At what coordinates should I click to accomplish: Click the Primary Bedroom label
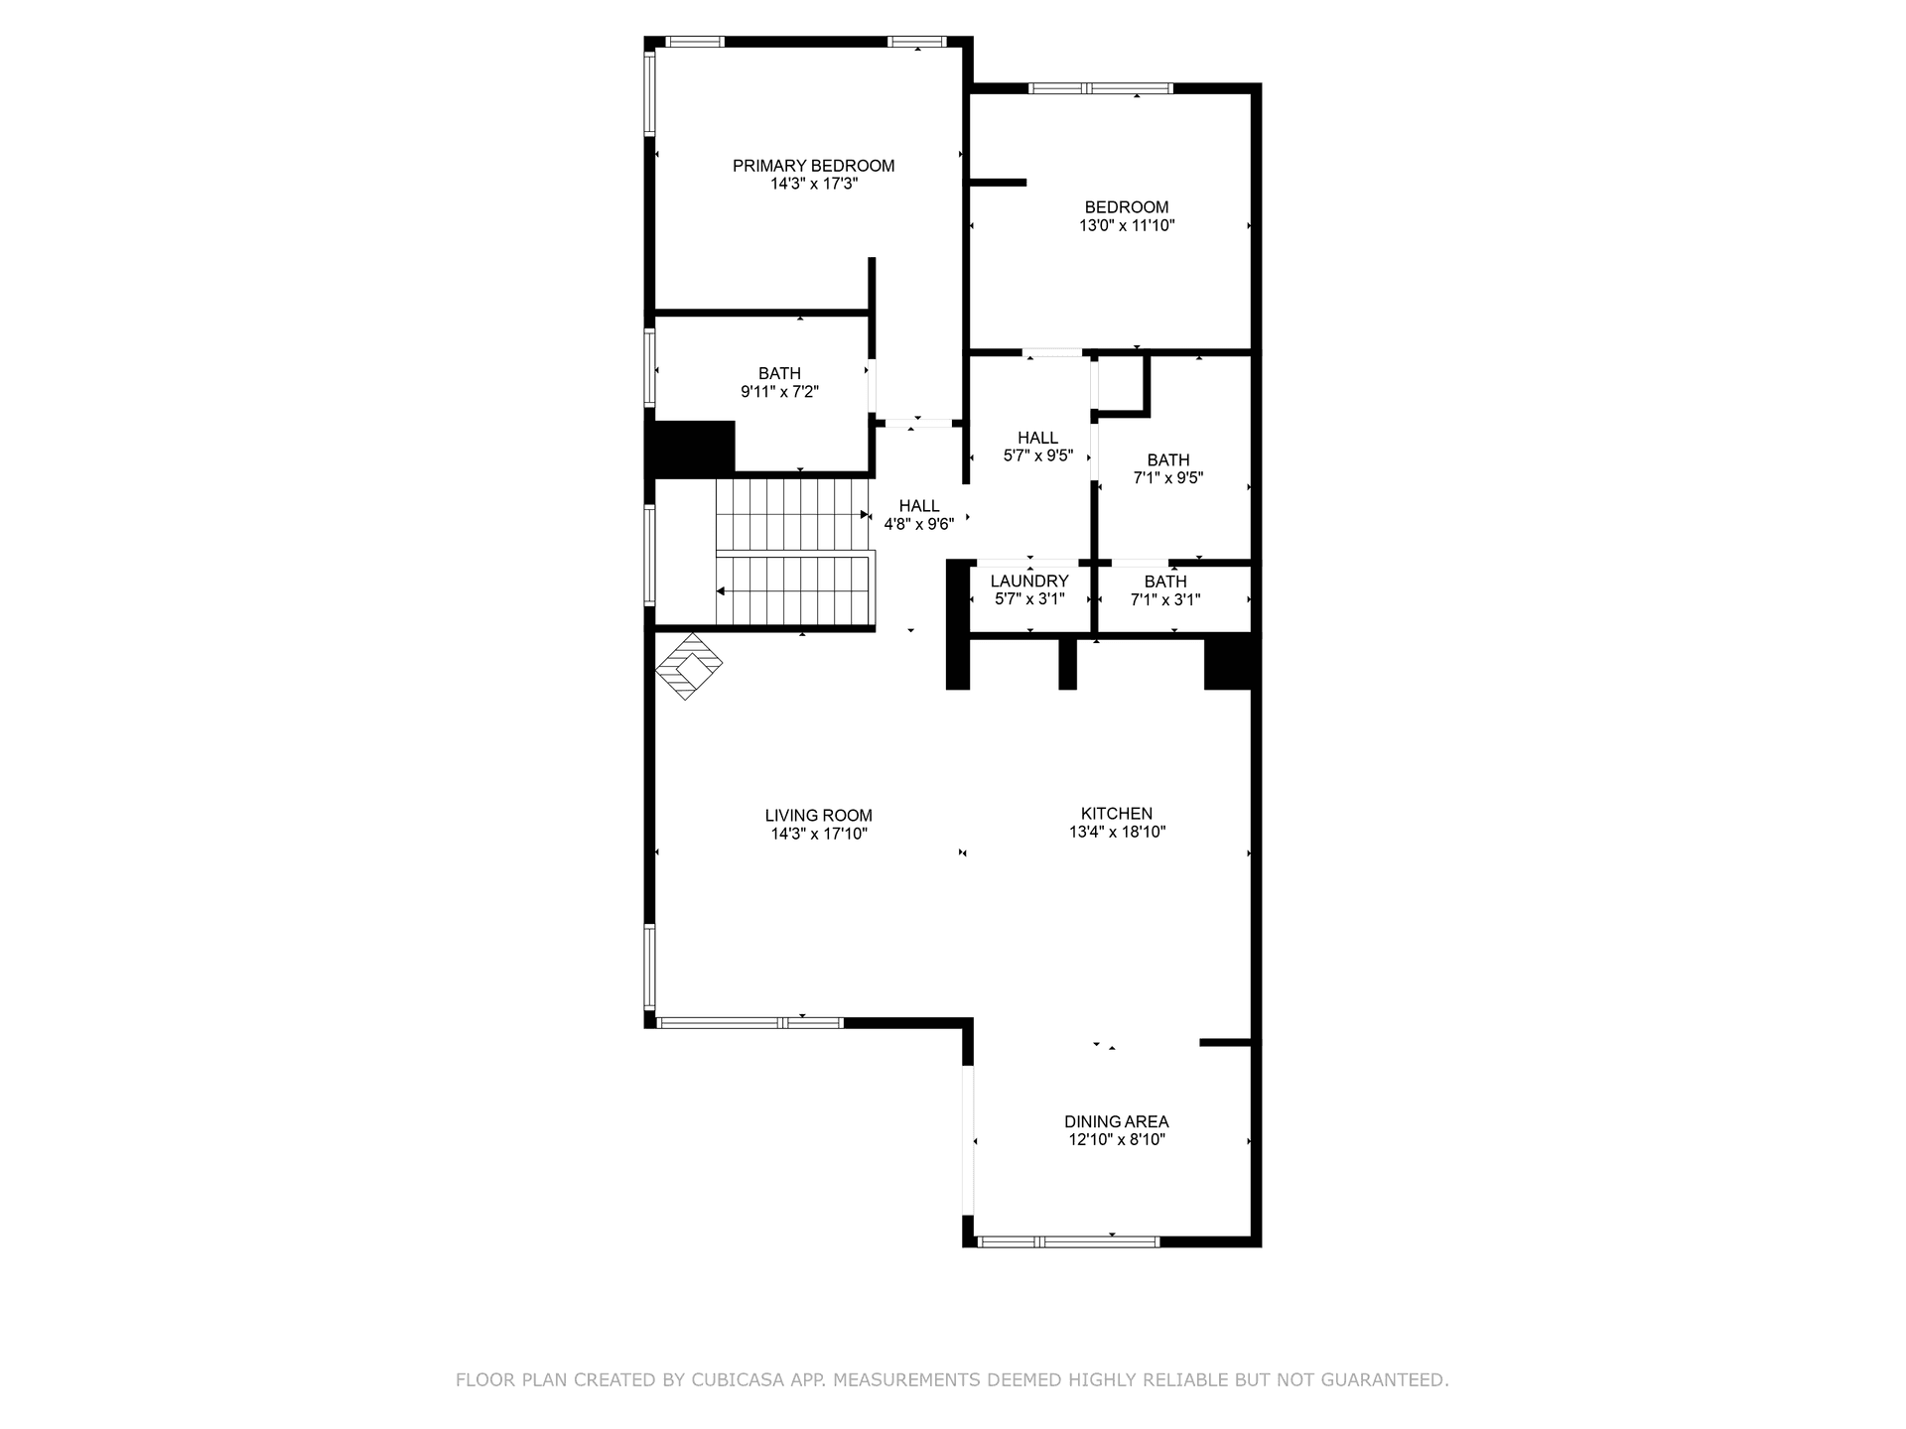813,166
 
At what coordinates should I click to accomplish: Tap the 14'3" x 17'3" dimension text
813,184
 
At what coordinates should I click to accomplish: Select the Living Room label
819,816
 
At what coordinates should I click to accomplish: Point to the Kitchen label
1117,814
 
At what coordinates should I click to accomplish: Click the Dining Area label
1117,1121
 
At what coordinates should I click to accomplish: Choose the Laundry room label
1029,582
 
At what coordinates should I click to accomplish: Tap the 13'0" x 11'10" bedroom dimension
1127,225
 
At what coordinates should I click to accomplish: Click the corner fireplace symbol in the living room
689,667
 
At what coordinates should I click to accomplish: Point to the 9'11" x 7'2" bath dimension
779,392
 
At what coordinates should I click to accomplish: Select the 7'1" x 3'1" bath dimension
1165,599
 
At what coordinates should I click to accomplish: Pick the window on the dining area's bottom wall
1067,1241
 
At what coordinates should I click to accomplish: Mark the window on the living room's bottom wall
749,1022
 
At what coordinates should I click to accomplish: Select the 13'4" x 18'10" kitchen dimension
1117,832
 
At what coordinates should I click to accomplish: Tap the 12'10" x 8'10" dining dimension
1117,1139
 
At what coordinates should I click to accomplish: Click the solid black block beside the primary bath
692,449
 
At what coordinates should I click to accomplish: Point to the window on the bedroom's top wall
1101,88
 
